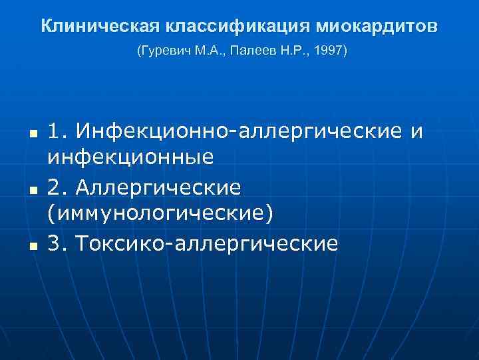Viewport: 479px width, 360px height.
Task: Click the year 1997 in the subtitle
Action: [x=329, y=51]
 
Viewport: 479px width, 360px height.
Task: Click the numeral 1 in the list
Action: [x=55, y=131]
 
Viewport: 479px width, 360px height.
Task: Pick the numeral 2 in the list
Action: [x=55, y=188]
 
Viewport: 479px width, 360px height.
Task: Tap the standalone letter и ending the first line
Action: [x=416, y=132]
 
